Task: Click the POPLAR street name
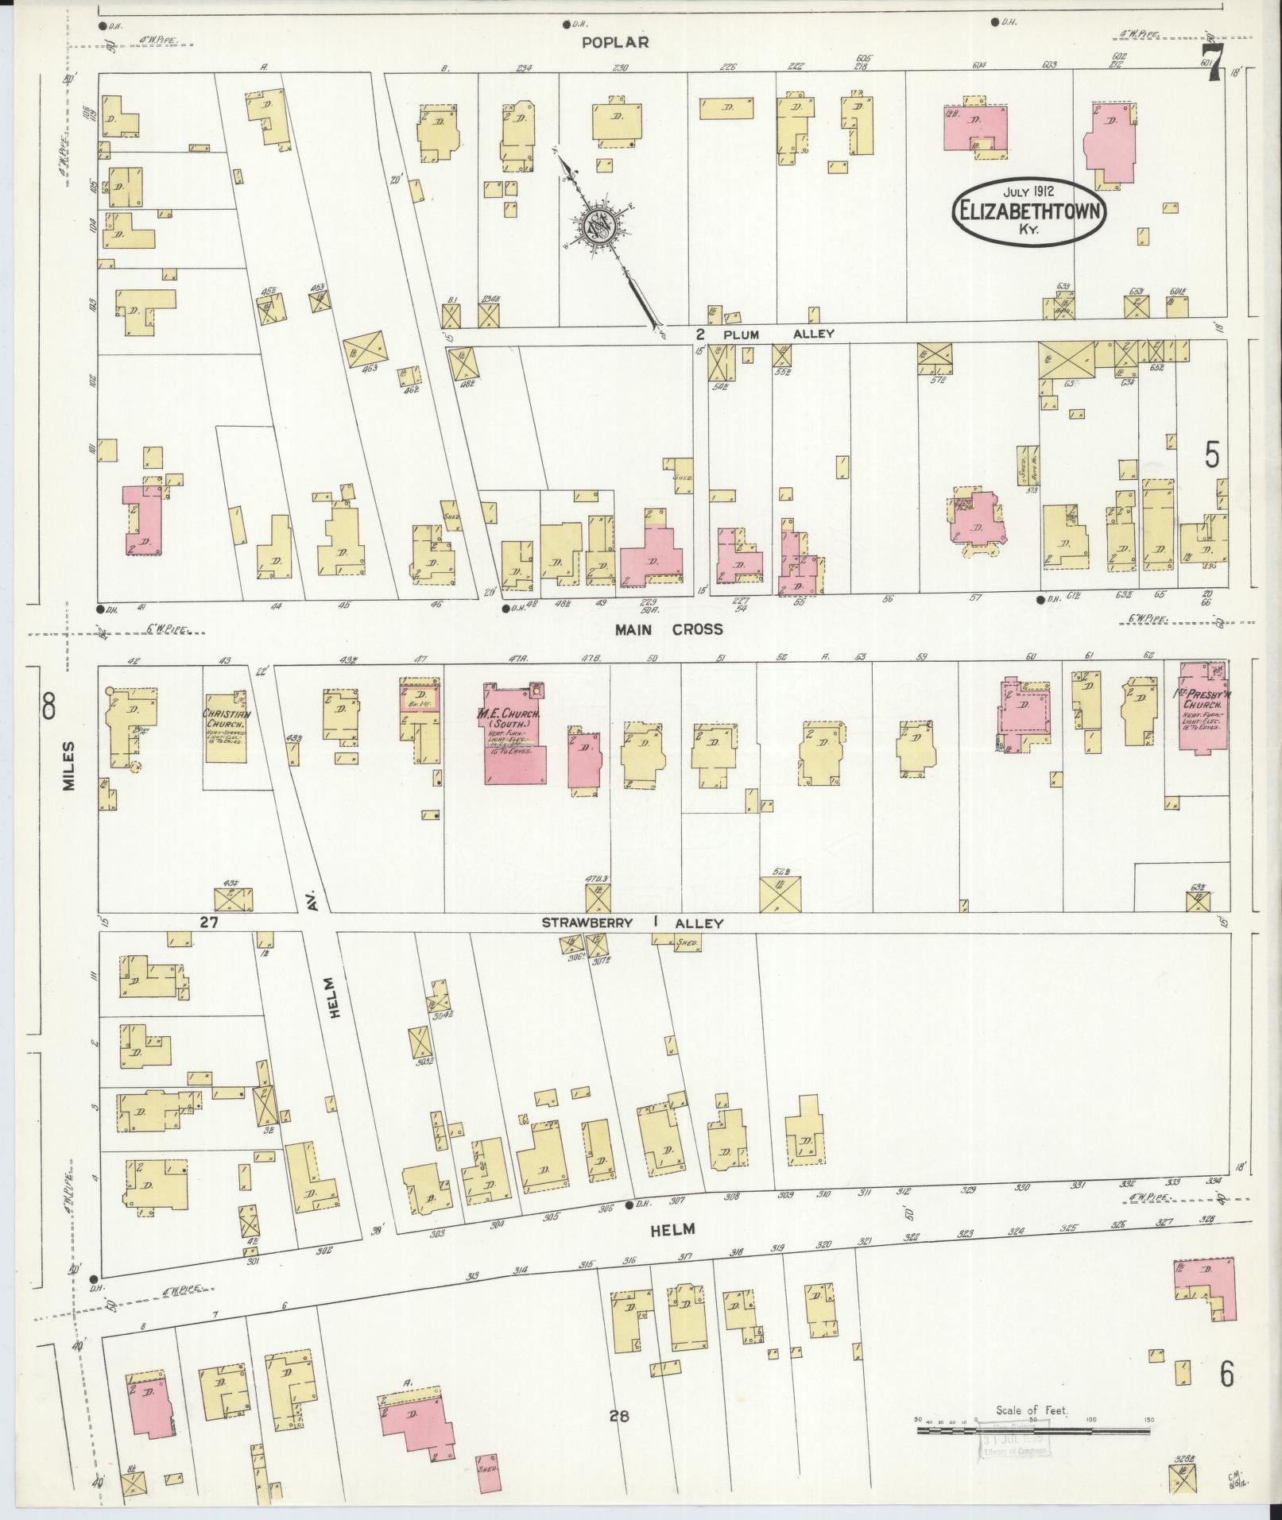615,43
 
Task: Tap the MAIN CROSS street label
668,629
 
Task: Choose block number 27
209,922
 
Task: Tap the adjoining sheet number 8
49,706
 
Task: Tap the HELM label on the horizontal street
672,1228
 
